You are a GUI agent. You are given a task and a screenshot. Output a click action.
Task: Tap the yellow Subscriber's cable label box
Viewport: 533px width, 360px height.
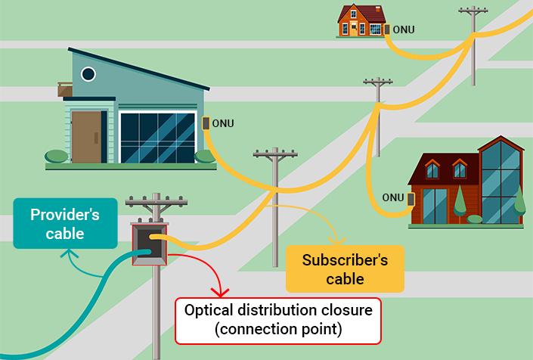pos(345,268)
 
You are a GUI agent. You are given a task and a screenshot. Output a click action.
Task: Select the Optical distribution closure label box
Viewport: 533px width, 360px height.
pos(278,321)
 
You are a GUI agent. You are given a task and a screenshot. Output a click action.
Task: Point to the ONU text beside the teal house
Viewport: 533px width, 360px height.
pos(223,123)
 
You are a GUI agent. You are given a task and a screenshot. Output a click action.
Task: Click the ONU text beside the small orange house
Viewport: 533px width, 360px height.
pos(404,30)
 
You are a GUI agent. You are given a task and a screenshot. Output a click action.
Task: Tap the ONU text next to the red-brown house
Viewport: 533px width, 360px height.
pos(393,198)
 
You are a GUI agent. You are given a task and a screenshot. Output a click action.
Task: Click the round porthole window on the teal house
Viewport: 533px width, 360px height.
pos(88,74)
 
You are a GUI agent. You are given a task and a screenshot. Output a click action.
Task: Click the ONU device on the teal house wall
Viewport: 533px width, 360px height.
pos(205,123)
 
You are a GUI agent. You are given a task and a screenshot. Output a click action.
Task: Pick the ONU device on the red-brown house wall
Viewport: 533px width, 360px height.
pos(411,199)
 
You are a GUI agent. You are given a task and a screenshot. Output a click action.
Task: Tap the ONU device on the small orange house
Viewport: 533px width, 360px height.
pos(386,29)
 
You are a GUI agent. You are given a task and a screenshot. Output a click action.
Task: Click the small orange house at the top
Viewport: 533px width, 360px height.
pos(361,20)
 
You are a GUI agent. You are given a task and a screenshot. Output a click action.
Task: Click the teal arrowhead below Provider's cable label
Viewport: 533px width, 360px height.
pos(73,255)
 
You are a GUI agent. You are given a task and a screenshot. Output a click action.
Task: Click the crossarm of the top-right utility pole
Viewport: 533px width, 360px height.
pos(473,12)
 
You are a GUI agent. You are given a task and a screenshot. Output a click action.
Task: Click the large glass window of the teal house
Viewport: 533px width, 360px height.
pos(158,137)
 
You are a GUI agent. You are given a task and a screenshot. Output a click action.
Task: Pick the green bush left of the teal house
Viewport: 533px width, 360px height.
pos(57,157)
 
